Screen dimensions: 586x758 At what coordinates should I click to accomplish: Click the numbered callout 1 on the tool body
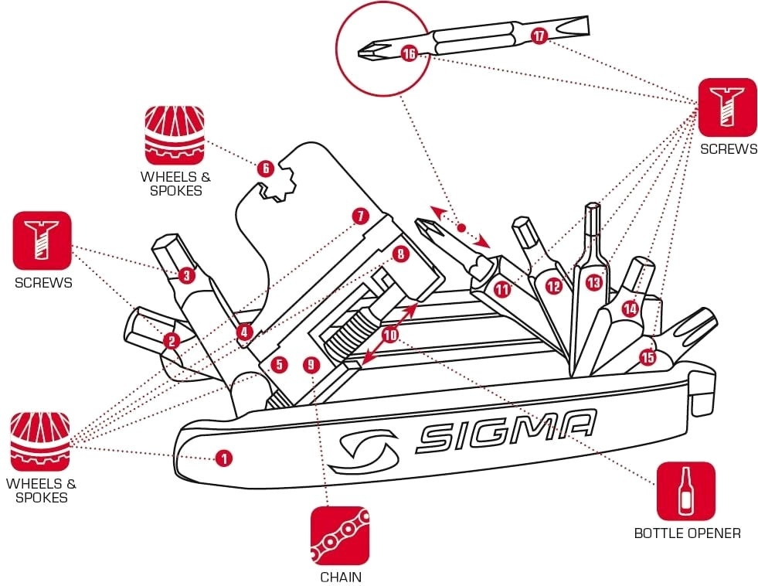pyautogui.click(x=223, y=458)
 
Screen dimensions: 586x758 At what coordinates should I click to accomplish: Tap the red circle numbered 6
pyautogui.click(x=265, y=168)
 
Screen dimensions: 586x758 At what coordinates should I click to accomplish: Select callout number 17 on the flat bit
pyautogui.click(x=539, y=36)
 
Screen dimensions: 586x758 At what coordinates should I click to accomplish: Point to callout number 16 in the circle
pyautogui.click(x=409, y=53)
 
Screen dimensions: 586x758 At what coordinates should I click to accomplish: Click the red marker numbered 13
pyautogui.click(x=593, y=282)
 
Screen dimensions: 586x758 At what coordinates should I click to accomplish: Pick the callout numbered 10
pyautogui.click(x=389, y=335)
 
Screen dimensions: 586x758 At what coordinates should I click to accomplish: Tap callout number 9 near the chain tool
pyautogui.click(x=311, y=363)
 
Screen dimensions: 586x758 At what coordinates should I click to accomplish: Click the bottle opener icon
pyautogui.click(x=685, y=491)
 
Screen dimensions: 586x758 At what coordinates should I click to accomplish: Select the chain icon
pyautogui.click(x=340, y=536)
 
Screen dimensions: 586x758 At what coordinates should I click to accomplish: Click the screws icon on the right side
pyautogui.click(x=727, y=107)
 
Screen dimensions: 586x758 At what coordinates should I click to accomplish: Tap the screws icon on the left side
pyautogui.click(x=42, y=240)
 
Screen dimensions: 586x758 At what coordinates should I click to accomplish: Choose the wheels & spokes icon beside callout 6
pyautogui.click(x=174, y=135)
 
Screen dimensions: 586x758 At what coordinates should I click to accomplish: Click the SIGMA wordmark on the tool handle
pyautogui.click(x=506, y=431)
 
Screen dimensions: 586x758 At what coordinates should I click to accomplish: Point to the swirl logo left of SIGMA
pyautogui.click(x=361, y=450)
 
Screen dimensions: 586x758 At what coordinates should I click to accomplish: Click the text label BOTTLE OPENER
pyautogui.click(x=687, y=533)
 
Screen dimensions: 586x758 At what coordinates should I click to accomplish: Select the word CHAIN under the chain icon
pyautogui.click(x=340, y=577)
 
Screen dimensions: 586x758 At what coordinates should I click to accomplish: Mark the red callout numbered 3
pyautogui.click(x=185, y=274)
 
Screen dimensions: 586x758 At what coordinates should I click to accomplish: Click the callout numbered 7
pyautogui.click(x=359, y=216)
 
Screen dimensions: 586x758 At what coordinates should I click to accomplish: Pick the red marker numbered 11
pyautogui.click(x=503, y=290)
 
